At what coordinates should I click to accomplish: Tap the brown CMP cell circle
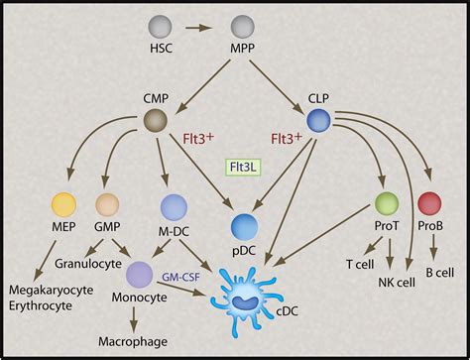(x=157, y=121)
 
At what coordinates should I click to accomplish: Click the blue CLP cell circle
(x=318, y=121)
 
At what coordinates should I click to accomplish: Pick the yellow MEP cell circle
(x=63, y=205)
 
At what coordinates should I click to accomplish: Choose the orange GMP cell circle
(x=108, y=205)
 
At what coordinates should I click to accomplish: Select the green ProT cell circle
(x=387, y=205)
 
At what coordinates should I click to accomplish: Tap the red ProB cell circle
(x=429, y=205)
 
